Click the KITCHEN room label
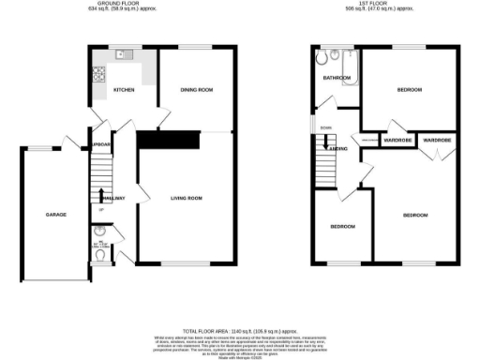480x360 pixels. pyautogui.click(x=124, y=90)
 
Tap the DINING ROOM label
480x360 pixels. pyautogui.click(x=197, y=90)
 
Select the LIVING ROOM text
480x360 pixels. pyautogui.click(x=186, y=198)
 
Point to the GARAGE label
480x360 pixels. pyautogui.click(x=55, y=216)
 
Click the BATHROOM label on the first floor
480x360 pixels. pyautogui.click(x=337, y=77)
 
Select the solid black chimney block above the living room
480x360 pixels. pyautogui.click(x=169, y=139)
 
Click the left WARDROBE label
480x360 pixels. pyautogui.click(x=398, y=141)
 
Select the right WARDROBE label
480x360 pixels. pyautogui.click(x=437, y=141)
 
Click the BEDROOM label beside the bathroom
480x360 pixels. pyautogui.click(x=409, y=90)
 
